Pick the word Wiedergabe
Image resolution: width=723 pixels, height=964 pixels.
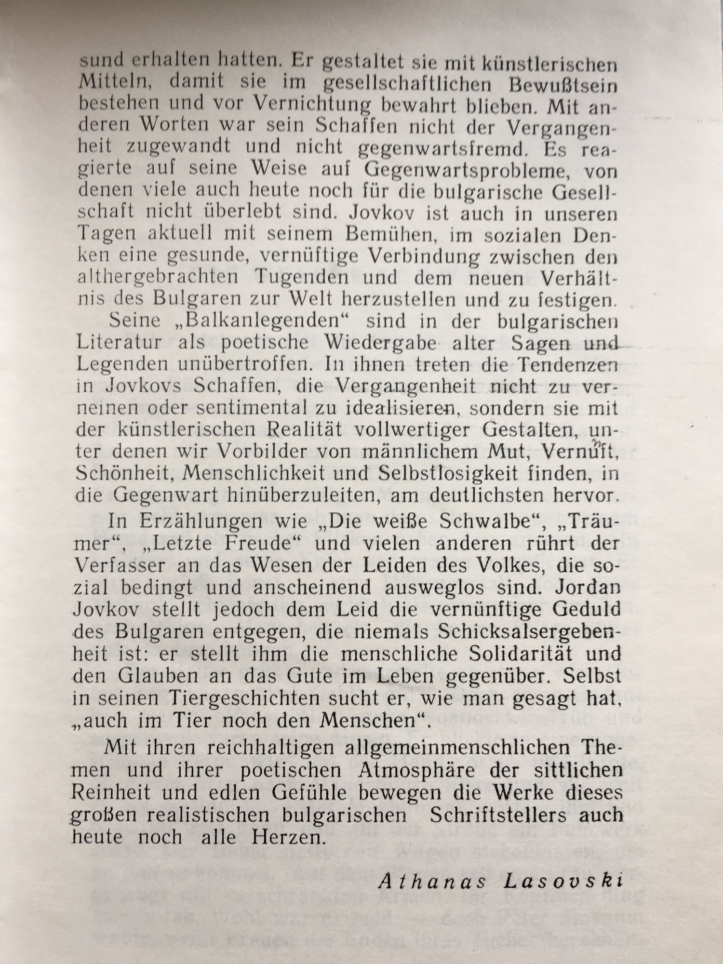click(376, 343)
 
